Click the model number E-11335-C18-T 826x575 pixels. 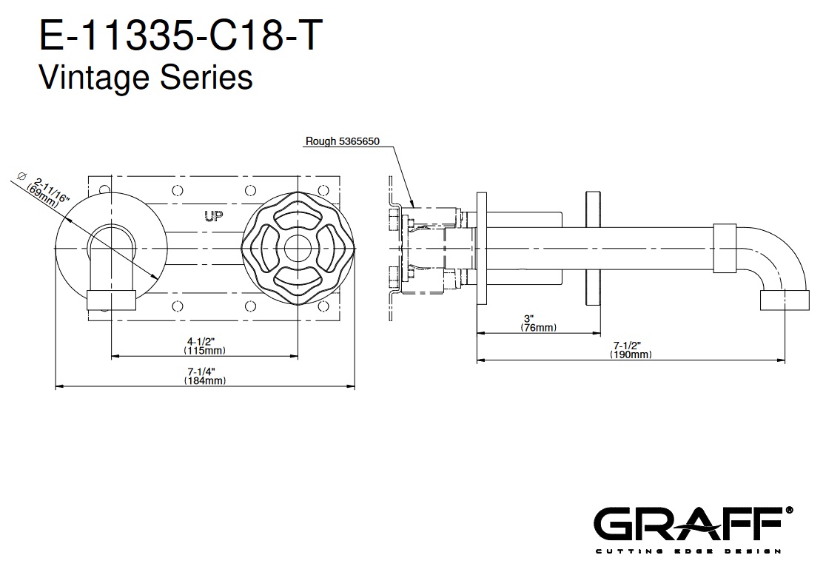(x=181, y=36)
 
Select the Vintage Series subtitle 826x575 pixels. (x=146, y=77)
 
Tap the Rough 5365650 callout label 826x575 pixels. (x=343, y=141)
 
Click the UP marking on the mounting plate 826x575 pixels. (x=213, y=215)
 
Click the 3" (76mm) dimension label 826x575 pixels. (x=538, y=323)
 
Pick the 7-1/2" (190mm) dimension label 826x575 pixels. (x=631, y=349)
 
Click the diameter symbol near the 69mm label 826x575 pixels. (x=21, y=176)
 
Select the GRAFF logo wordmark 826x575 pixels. (x=688, y=523)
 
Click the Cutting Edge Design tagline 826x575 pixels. (x=688, y=551)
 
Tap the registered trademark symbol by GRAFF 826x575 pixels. (x=788, y=510)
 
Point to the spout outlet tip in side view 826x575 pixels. (x=785, y=300)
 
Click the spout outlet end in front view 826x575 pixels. (x=111, y=300)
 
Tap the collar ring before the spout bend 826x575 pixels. (x=725, y=249)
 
